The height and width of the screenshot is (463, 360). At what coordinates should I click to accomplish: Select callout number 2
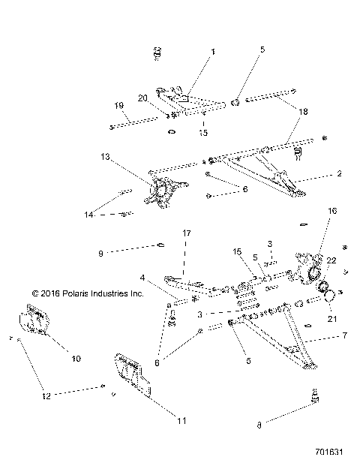[338, 173]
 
